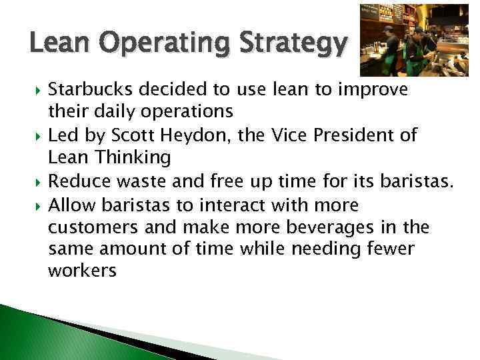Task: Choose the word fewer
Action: (x=393, y=250)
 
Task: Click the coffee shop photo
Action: (x=413, y=40)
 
